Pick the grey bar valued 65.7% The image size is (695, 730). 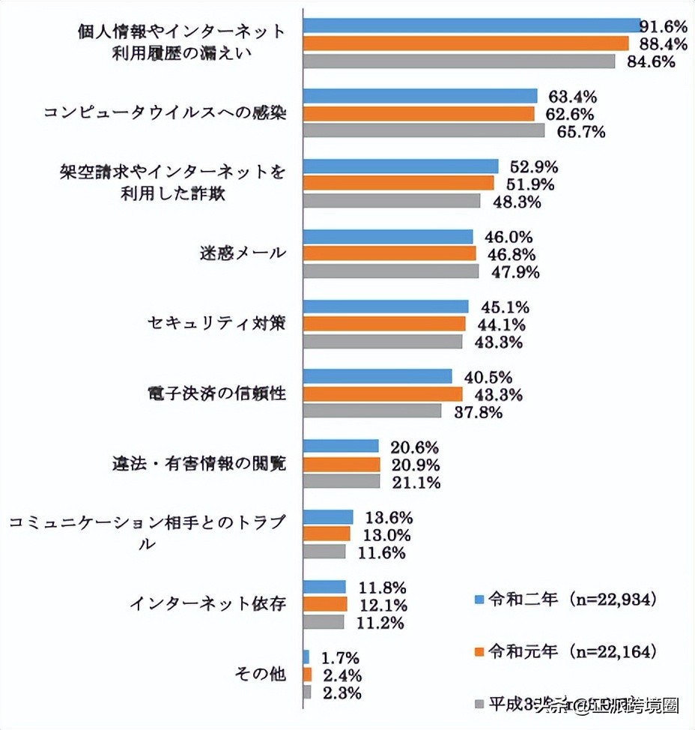424,131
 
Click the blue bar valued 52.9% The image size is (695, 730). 401,166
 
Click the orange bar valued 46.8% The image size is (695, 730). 389,254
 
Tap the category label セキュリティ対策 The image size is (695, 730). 216,324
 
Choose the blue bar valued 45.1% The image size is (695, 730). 386,307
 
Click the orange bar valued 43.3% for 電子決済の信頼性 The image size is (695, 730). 383,394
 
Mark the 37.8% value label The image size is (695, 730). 476,412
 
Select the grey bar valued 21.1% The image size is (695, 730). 342,482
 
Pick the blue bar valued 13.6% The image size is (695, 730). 328,517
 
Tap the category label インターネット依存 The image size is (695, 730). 207,604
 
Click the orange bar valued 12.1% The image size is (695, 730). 325,604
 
